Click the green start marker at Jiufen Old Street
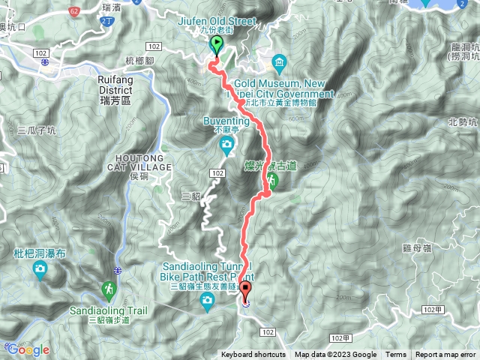pos(217,45)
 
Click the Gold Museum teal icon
pos(279,61)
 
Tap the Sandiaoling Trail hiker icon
pos(109,289)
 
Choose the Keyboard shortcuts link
pos(253,355)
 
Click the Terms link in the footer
pos(396,355)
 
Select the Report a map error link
pos(445,355)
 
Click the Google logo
pos(28,349)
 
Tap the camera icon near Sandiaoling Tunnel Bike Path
pos(208,300)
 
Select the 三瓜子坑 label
pos(36,130)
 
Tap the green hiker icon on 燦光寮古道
pos(272,181)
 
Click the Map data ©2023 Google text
pos(335,355)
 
